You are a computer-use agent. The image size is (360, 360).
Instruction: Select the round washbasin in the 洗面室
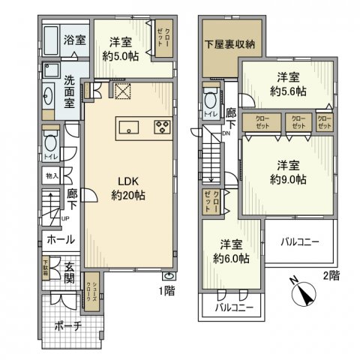[48, 95]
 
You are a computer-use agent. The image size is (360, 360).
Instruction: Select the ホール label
[60, 240]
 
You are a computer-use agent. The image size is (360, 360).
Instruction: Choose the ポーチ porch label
[67, 327]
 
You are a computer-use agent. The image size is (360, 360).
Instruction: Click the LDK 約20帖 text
[128, 188]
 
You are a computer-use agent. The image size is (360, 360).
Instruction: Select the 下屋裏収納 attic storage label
[230, 44]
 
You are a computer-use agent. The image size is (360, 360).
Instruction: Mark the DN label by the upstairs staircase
[225, 134]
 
